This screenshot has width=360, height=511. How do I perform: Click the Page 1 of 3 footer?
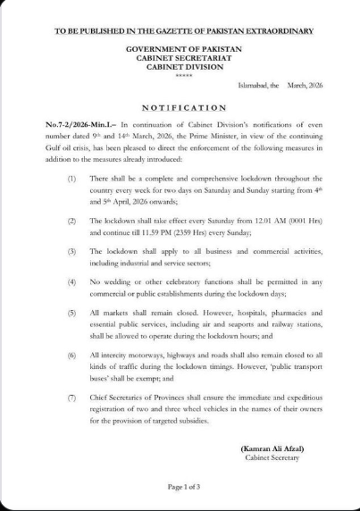click(x=181, y=486)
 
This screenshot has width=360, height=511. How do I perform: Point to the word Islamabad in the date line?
click(x=252, y=85)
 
